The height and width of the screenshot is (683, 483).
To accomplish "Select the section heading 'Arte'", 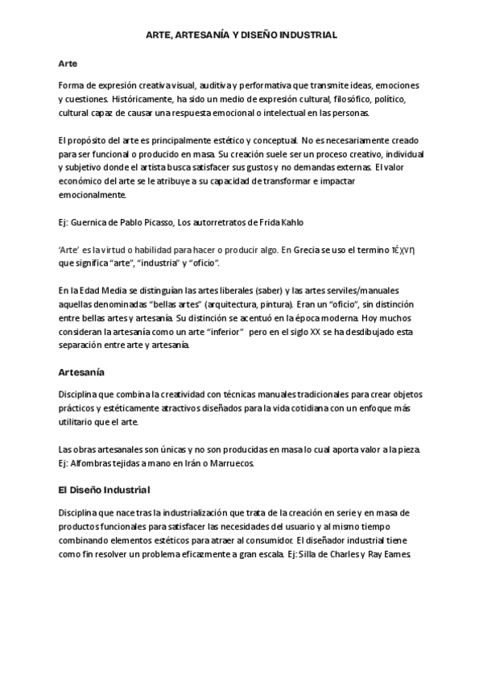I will point(68,63).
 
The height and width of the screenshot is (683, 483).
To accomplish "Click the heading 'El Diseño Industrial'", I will point(105,489).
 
